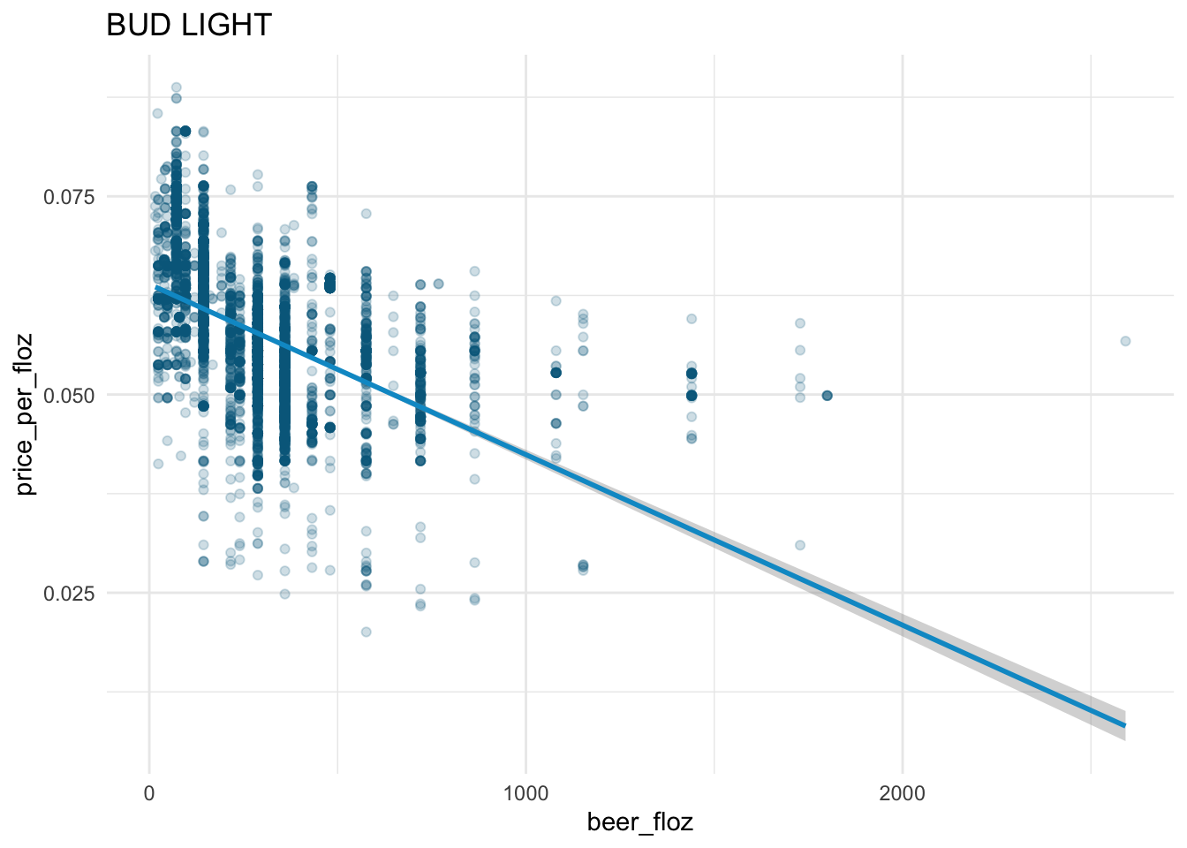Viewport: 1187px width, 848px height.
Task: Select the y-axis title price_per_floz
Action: (x=26, y=413)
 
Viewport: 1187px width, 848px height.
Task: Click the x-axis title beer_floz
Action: (x=639, y=822)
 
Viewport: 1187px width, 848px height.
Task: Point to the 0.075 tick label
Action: (x=69, y=196)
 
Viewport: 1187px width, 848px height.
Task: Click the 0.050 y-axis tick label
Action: (x=69, y=395)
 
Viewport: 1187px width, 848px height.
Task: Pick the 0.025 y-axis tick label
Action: (x=69, y=593)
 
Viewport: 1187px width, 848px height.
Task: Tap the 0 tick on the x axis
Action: (x=149, y=793)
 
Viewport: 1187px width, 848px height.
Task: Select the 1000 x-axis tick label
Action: (x=525, y=793)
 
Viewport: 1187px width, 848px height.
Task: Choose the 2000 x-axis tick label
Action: (x=903, y=793)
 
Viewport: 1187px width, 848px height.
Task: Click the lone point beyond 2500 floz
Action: (x=1125, y=341)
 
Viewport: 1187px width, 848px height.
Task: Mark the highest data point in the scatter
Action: (x=176, y=87)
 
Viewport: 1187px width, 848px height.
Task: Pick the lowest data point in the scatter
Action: (x=366, y=632)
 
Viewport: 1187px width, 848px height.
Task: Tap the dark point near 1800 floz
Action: (x=827, y=395)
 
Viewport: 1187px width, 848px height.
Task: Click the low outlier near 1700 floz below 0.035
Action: (x=800, y=545)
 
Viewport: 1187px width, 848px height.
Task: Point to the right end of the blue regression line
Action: (x=1124, y=725)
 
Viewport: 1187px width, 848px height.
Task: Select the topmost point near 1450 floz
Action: (x=692, y=319)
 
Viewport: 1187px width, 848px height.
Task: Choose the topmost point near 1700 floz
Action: (x=800, y=323)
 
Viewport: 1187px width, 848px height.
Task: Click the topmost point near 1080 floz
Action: (x=556, y=301)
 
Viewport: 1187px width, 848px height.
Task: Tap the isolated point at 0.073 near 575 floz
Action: (x=366, y=214)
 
